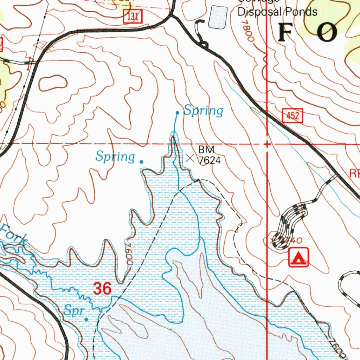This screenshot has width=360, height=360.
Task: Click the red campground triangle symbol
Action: (298, 257)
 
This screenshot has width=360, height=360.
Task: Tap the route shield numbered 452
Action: (292, 116)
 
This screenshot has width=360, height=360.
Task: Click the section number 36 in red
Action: (102, 289)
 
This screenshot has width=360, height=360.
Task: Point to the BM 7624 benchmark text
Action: (209, 155)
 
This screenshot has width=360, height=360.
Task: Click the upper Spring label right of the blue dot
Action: (204, 111)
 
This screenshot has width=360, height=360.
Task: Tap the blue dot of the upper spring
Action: (178, 113)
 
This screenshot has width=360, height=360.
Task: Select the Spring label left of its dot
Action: (115, 156)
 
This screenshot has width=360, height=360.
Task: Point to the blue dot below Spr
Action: (86, 319)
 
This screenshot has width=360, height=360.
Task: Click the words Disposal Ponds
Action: (277, 12)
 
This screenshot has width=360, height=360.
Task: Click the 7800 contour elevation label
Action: (247, 31)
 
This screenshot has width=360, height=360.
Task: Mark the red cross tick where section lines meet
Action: (267, 144)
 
